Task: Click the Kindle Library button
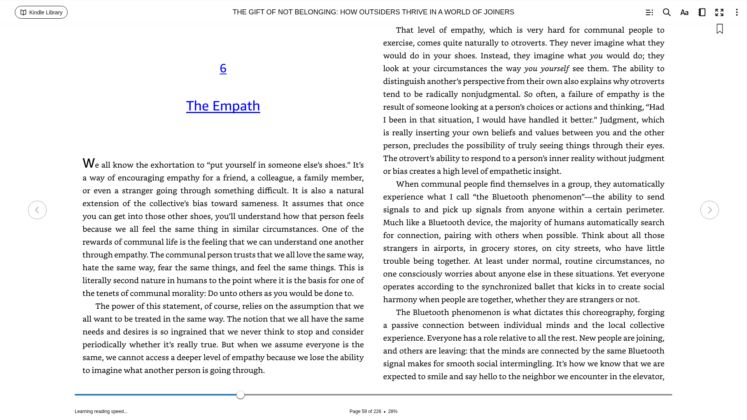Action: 41,12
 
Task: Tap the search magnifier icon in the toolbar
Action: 666,12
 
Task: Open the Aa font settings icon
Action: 684,12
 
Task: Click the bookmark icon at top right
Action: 719,29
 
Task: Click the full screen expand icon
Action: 719,12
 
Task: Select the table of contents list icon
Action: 649,12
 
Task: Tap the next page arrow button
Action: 709,210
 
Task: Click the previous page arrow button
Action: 37,210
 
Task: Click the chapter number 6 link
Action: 223,68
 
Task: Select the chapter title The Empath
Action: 223,106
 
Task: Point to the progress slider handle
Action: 240,395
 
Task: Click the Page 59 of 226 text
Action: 365,411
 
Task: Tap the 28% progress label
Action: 393,411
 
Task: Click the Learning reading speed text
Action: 101,411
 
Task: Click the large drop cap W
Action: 88,163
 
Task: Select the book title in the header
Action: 373,12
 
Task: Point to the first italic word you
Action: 596,56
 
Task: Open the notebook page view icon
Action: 701,12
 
